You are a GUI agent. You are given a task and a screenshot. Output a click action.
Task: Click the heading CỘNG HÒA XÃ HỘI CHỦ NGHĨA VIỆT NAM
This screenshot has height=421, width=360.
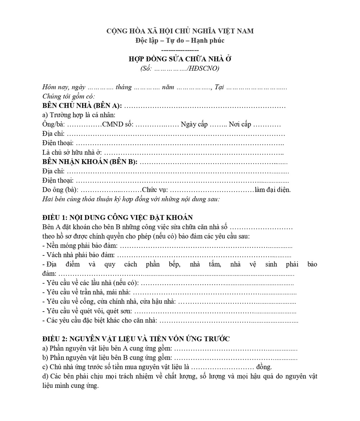180,31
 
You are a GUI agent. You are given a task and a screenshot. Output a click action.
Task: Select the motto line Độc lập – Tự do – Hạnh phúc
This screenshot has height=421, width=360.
180,40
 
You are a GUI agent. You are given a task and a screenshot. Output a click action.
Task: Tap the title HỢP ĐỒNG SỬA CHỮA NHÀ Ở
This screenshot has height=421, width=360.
180,59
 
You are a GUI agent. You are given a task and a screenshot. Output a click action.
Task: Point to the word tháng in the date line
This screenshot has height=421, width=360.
123,87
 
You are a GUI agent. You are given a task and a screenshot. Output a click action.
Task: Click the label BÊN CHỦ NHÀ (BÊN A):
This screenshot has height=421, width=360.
82,106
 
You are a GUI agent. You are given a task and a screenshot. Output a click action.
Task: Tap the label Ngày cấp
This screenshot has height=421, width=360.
194,125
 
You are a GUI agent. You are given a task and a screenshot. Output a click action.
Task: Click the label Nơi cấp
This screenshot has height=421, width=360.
240,125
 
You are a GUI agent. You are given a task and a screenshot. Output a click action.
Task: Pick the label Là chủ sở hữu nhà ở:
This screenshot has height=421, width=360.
72,153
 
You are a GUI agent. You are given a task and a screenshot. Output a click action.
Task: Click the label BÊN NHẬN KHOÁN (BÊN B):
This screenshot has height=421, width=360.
90,162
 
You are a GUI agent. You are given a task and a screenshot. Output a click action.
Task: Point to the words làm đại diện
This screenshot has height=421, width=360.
273,190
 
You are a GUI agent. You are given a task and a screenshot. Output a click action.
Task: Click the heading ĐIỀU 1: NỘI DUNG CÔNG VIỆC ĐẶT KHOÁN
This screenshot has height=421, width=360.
117,218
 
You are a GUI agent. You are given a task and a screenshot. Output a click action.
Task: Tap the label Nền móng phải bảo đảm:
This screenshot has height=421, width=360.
80,246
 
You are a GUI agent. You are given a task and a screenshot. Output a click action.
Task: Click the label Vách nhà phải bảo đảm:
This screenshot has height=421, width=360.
78,255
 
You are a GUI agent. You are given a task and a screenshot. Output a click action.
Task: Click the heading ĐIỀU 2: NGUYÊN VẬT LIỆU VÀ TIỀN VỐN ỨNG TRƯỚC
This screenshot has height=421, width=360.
136,339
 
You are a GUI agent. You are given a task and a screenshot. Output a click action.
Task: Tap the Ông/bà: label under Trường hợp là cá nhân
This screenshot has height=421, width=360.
54,125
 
